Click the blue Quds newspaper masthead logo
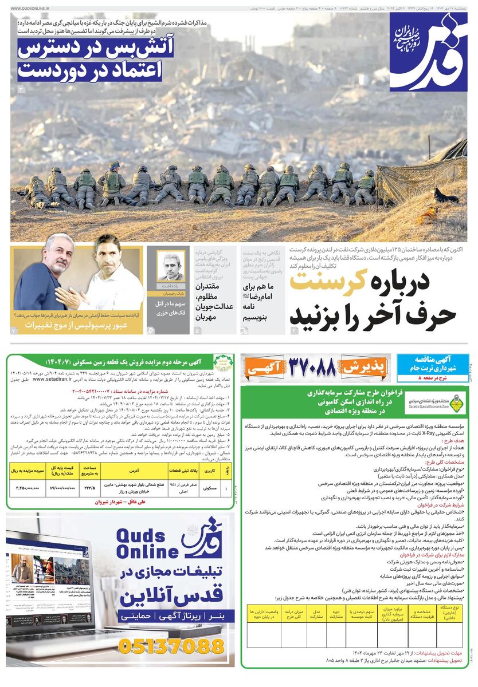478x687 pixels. [x=428, y=52]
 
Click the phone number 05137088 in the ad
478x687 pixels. [x=171, y=646]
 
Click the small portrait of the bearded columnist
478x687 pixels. [x=171, y=267]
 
